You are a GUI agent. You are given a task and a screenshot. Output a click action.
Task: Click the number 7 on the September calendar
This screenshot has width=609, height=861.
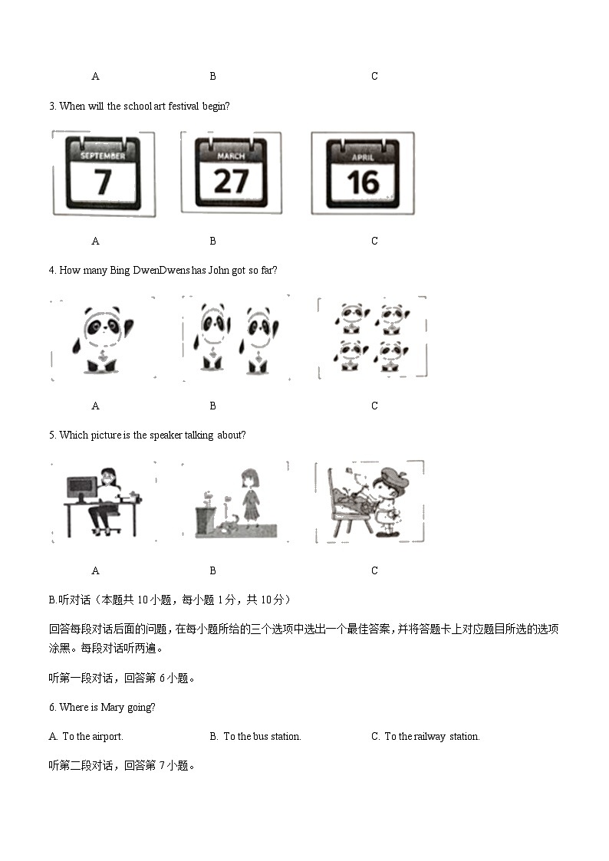[102, 182]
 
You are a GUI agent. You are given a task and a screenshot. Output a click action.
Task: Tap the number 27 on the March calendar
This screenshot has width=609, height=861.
[231, 181]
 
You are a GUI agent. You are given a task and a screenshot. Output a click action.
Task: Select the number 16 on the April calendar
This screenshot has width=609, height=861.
[362, 182]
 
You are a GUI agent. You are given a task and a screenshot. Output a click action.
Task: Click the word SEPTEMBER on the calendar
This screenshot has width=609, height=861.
[103, 156]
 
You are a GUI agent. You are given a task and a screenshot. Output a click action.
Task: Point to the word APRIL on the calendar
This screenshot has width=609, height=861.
[363, 157]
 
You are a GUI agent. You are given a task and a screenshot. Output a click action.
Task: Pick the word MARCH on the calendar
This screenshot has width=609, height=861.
[231, 156]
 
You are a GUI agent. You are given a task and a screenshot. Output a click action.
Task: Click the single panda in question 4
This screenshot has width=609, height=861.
[103, 339]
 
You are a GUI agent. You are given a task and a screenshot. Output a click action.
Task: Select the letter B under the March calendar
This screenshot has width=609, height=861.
[212, 241]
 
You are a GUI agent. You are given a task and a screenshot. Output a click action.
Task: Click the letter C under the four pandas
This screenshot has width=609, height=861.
[374, 406]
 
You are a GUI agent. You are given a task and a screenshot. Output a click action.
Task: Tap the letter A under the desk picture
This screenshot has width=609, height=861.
[95, 570]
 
